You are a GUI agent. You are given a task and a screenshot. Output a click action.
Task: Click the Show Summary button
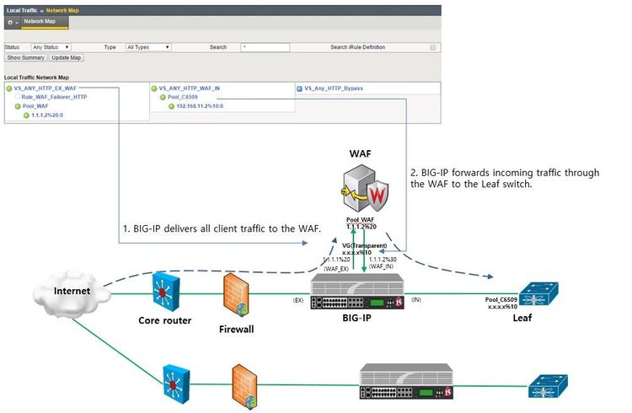[x=25, y=57]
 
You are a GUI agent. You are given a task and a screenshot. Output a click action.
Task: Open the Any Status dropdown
[x=51, y=47]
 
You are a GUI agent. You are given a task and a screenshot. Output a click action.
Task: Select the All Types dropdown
[x=147, y=47]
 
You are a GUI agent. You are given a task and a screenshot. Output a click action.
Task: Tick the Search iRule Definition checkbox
[x=433, y=47]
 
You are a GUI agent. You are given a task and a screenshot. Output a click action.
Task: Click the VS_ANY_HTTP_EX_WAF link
[x=51, y=88]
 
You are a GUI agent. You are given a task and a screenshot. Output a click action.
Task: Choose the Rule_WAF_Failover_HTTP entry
[x=54, y=97]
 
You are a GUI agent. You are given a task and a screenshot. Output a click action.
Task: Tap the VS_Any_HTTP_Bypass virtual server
[x=333, y=88]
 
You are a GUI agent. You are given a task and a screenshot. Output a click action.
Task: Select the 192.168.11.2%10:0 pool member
[x=200, y=106]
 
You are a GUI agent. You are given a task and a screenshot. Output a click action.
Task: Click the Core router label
[x=164, y=320]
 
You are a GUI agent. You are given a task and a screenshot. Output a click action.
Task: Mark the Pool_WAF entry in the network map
[x=35, y=106]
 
